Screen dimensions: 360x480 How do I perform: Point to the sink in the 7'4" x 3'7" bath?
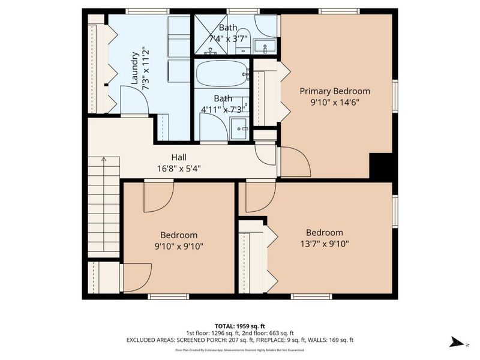coord(264,46)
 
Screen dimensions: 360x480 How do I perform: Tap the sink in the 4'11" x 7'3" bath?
coord(240,127)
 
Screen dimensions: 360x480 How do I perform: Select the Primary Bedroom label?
coord(335,91)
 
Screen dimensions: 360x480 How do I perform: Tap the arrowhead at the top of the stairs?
coord(103,160)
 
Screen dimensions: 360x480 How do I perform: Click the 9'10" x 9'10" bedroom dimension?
coord(178,245)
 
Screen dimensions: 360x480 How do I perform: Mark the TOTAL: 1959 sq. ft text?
coord(239,326)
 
